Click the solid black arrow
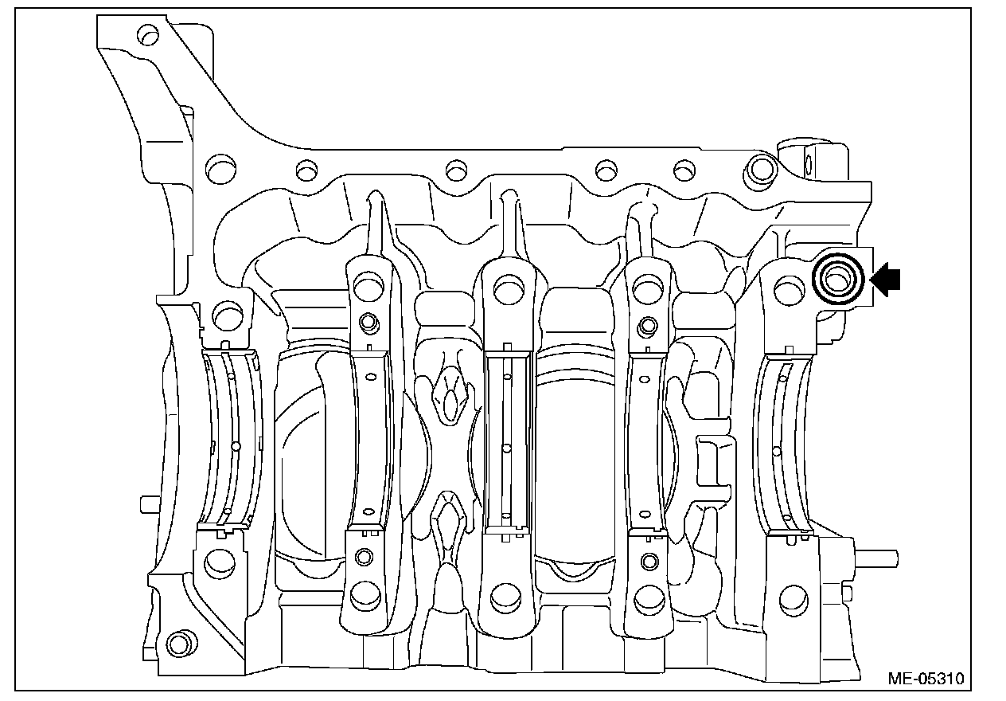(x=886, y=280)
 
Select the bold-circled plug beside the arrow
(x=838, y=280)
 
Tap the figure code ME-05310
(x=926, y=679)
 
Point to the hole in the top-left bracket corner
(x=148, y=35)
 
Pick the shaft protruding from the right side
(x=875, y=559)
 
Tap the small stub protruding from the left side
(x=150, y=504)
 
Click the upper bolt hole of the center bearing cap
(x=509, y=290)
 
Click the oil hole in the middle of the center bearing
(x=507, y=448)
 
